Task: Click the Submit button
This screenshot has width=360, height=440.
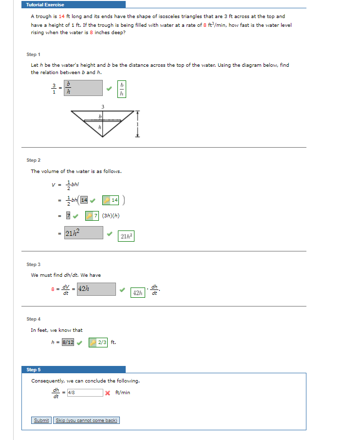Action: point(41,420)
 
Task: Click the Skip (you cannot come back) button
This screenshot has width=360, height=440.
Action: point(87,420)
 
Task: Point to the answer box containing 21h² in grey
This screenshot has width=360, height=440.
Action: point(83,232)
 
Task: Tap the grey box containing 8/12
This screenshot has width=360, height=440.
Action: point(68,342)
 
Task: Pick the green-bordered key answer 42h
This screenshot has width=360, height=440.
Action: point(137,292)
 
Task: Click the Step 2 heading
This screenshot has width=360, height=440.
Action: point(34,160)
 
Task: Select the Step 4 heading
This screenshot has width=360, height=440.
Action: point(34,319)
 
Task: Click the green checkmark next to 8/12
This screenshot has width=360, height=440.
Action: point(79,342)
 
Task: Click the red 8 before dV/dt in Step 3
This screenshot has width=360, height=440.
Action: point(53,289)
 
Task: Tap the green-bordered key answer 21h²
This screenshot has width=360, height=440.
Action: point(126,236)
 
